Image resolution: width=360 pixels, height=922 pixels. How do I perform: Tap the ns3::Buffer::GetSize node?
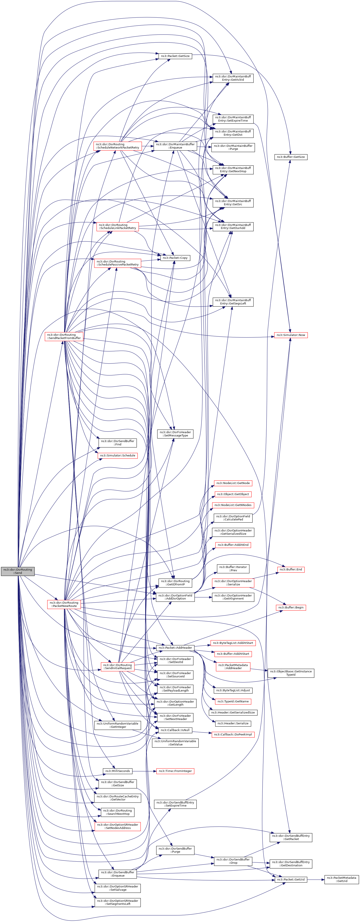tap(291, 157)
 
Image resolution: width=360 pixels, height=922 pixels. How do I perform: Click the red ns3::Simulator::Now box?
tap(291, 335)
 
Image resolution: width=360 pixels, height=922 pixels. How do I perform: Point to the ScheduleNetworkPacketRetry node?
tap(117, 146)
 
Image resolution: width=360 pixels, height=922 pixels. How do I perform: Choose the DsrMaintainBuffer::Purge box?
tap(233, 147)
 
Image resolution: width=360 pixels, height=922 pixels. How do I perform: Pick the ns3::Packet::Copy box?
tap(175, 258)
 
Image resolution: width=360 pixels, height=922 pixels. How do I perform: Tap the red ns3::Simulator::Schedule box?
tap(117, 456)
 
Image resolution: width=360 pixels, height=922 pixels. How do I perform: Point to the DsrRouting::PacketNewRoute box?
tap(64, 604)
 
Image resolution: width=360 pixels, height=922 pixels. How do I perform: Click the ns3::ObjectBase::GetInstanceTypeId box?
tap(291, 673)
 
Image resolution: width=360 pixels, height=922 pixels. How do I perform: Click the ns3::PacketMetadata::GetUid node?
tap(341, 879)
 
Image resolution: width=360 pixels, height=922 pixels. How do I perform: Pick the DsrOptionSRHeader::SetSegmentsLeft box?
tap(117, 902)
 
